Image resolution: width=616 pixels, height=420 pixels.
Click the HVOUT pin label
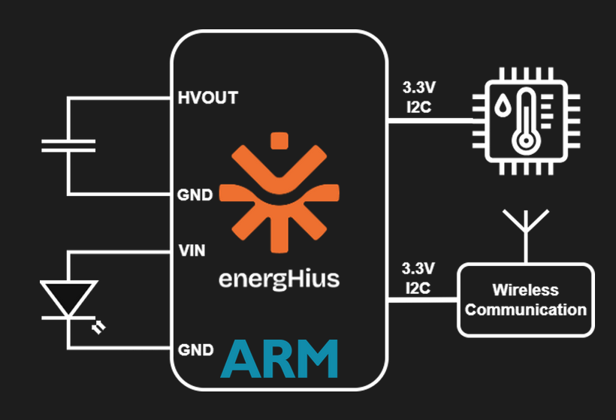(207, 98)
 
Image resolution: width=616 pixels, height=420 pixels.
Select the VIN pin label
(192, 249)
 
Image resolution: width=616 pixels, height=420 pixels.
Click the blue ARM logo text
(279, 358)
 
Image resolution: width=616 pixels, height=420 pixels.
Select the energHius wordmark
(279, 279)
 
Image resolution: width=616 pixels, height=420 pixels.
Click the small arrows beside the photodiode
(98, 328)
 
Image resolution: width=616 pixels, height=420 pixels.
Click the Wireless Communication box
(526, 299)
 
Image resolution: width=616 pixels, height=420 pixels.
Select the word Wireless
(526, 290)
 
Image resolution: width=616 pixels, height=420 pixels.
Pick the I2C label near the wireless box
(416, 286)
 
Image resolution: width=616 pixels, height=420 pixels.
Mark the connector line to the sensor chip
(428, 120)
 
